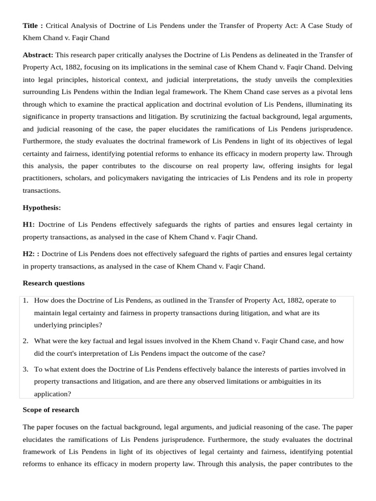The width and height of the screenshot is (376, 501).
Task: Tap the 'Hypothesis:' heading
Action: point(42,207)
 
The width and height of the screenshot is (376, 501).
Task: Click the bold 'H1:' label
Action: point(28,225)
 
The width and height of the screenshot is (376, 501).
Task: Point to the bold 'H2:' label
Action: point(29,254)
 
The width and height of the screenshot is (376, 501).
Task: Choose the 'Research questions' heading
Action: point(53,283)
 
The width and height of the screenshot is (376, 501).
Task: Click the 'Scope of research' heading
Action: point(50,410)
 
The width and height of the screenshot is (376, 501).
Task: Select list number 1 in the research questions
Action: point(25,300)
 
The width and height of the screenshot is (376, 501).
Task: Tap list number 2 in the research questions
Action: point(25,341)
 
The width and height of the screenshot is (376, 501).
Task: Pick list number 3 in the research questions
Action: point(25,369)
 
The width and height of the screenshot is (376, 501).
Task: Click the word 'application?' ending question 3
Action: point(52,393)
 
